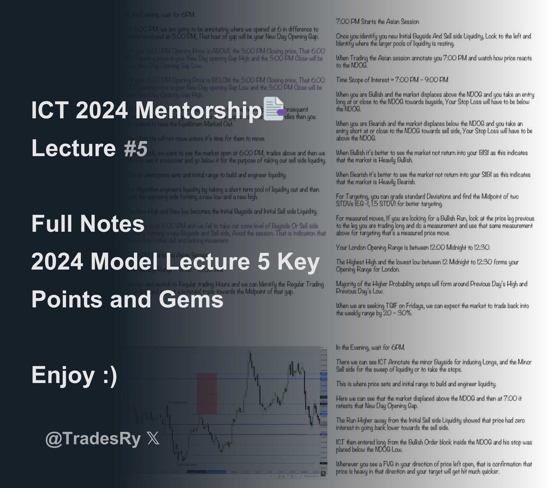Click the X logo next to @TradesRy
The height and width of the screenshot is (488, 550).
click(154, 439)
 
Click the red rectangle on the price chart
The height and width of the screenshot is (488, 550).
click(207, 393)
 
